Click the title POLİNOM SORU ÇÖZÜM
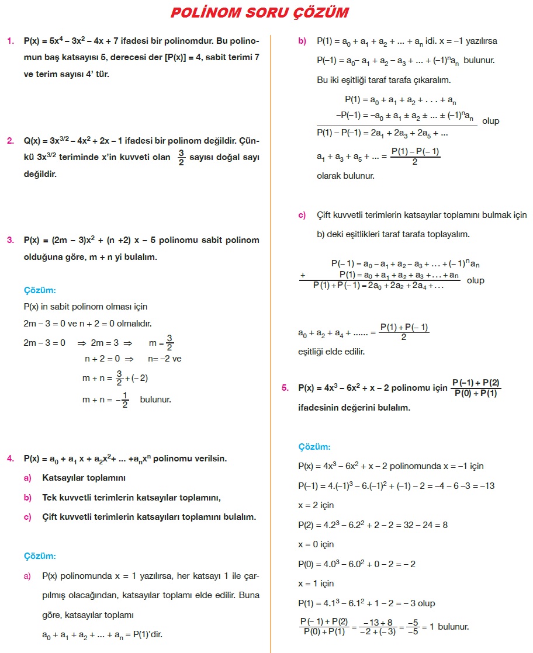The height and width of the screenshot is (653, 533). (259, 13)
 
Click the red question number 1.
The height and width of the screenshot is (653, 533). (10, 41)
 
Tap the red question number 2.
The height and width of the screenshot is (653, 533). (10, 141)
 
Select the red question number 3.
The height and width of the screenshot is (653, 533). (10, 240)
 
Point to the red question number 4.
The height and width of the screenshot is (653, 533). (10, 459)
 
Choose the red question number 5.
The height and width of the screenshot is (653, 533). (285, 388)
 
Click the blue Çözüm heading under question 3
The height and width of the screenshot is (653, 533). (40, 290)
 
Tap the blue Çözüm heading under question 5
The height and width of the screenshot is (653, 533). (314, 447)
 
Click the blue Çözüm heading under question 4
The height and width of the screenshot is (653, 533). (40, 556)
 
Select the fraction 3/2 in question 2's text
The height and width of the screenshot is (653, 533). (182, 157)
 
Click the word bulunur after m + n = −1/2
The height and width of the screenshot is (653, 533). (155, 400)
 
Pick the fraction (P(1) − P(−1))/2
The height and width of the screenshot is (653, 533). (416, 157)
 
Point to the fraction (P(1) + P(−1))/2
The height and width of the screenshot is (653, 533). (404, 332)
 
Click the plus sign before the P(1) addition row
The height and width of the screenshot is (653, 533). (303, 275)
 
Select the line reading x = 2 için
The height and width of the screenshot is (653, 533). (316, 505)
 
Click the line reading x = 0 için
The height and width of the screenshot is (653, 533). (316, 544)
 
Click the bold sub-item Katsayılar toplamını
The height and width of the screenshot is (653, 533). (84, 478)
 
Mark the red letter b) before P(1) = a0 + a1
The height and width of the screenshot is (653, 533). (302, 41)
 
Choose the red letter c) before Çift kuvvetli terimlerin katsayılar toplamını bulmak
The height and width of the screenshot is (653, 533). (302, 215)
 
